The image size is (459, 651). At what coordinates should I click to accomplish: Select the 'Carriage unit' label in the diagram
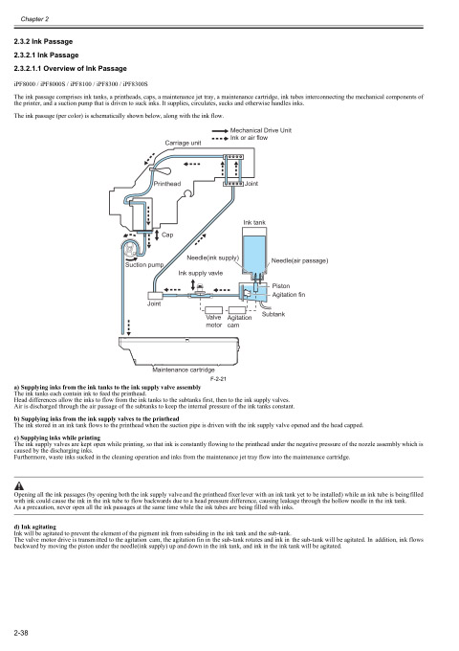[156, 143]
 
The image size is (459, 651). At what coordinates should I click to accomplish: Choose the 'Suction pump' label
[144, 264]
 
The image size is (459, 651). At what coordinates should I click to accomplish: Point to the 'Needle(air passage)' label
[301, 260]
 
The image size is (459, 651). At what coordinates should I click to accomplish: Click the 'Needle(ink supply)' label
[212, 258]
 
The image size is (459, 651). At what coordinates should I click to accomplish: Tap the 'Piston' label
[280, 286]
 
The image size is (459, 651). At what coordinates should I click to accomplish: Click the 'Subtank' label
[273, 314]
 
